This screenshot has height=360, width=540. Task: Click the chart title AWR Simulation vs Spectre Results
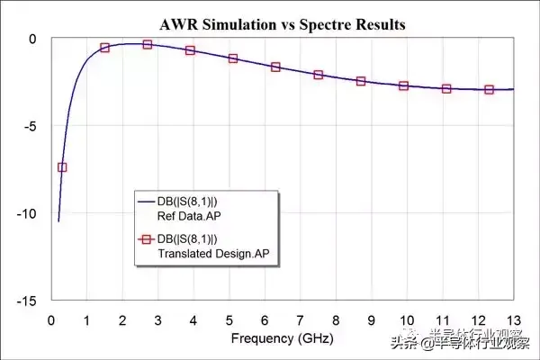coord(282,24)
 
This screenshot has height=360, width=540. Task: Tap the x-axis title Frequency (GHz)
coord(282,338)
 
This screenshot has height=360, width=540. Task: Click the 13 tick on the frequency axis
coord(513,319)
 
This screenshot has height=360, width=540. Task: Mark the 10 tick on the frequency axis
coord(406,319)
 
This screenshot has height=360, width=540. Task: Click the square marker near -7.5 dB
coord(62,167)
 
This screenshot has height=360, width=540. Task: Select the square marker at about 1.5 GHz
coord(104,48)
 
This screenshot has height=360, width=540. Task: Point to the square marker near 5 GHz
coord(233,58)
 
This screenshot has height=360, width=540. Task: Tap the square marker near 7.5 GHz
coord(319,75)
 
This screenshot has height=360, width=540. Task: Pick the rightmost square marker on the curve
coord(490,90)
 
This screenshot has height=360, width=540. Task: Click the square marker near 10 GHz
coord(404,86)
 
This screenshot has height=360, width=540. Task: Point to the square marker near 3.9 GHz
coord(190,50)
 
